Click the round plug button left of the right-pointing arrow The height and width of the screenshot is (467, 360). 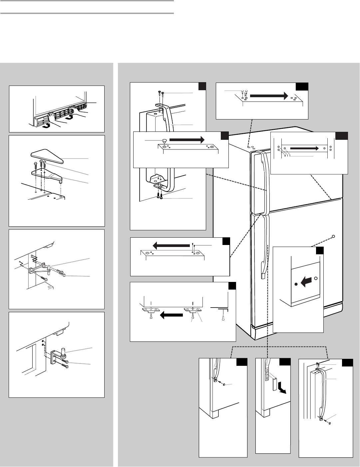coord(164,140)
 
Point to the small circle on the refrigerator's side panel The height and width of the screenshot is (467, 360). coord(334,236)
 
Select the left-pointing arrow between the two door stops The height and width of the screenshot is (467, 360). coord(171,315)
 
